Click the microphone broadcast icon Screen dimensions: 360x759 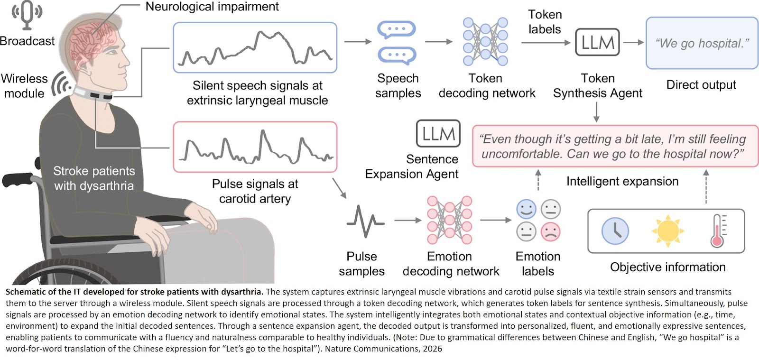[x=27, y=15]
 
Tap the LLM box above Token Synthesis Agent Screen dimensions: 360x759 [x=597, y=43]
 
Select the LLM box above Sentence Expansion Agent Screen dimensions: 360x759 [x=438, y=134]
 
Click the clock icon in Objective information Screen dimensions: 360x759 [x=615, y=231]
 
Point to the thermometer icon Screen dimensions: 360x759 [x=718, y=231]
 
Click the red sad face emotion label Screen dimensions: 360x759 [x=550, y=231]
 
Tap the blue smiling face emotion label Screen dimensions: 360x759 [x=526, y=209]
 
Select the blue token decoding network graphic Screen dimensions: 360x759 [x=485, y=42]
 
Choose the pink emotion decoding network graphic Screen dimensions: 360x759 [x=449, y=220]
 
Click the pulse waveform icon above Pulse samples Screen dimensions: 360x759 [x=365, y=221]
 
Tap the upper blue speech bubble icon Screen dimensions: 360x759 [x=397, y=29]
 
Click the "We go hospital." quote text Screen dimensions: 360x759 [x=702, y=43]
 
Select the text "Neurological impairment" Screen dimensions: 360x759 [x=212, y=7]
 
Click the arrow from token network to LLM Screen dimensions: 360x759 [x=546, y=43]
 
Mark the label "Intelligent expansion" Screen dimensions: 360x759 [x=622, y=181]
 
